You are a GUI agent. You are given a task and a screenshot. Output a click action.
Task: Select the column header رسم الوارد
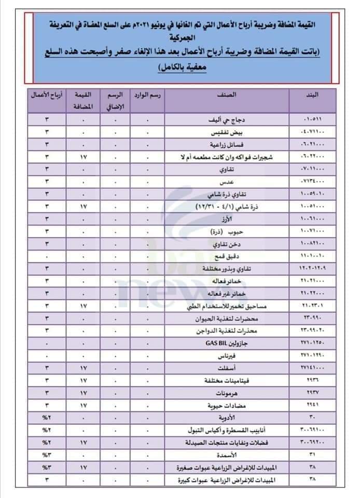point(147,95)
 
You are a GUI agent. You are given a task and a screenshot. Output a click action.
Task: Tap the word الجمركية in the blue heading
point(179,37)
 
